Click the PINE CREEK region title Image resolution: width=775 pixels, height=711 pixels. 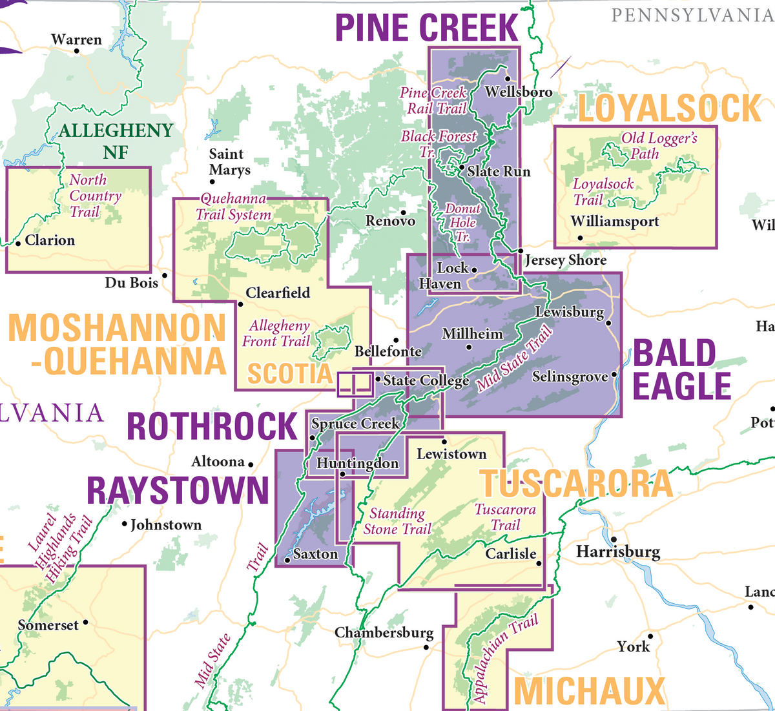tap(426, 28)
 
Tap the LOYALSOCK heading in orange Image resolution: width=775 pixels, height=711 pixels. tap(670, 108)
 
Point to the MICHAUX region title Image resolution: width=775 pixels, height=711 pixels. tap(589, 691)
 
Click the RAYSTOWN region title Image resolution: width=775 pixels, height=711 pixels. tap(178, 490)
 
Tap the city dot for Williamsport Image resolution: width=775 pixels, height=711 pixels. tap(580, 238)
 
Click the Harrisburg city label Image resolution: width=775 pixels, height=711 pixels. tap(618, 551)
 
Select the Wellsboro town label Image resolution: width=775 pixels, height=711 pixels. tap(519, 92)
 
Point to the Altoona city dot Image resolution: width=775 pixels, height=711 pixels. tap(251, 464)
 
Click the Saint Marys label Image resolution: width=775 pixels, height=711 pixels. tap(229, 162)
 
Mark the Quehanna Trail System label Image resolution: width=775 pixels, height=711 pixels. tap(233, 207)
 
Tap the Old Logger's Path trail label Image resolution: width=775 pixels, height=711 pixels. tap(659, 145)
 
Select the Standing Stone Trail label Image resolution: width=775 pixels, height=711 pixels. tap(397, 521)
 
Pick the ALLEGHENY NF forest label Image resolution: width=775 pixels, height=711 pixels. tap(116, 141)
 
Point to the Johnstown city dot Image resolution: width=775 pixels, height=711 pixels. tap(125, 524)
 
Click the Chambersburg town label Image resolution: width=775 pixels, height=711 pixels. tap(384, 632)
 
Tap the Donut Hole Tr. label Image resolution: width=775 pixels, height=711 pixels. tap(463, 223)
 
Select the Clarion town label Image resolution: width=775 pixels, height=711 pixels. tap(50, 240)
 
